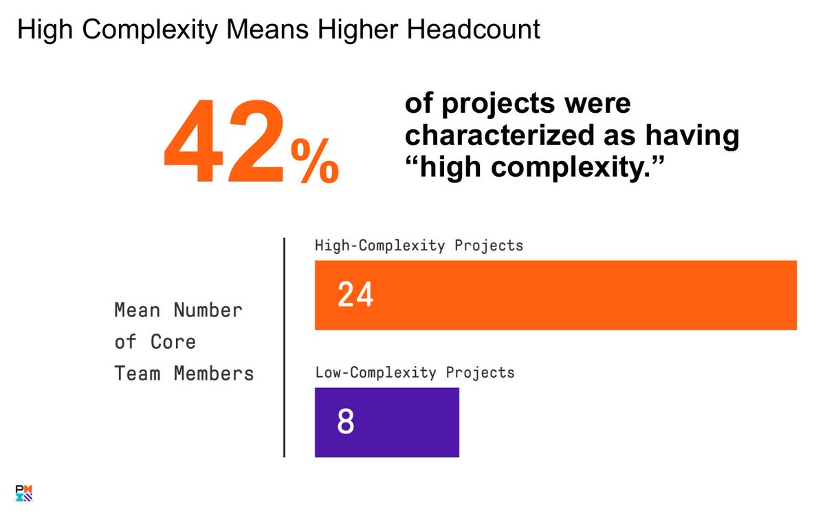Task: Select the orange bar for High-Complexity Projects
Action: (555, 295)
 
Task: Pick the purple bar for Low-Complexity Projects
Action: (386, 422)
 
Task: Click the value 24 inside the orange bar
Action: (355, 295)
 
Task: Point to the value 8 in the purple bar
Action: (345, 422)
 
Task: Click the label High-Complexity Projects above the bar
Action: (419, 245)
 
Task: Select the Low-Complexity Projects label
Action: (415, 373)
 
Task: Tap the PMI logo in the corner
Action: (24, 493)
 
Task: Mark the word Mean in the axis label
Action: (137, 310)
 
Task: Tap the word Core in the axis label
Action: (174, 342)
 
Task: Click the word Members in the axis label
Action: (214, 374)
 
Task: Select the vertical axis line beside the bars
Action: (284, 347)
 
